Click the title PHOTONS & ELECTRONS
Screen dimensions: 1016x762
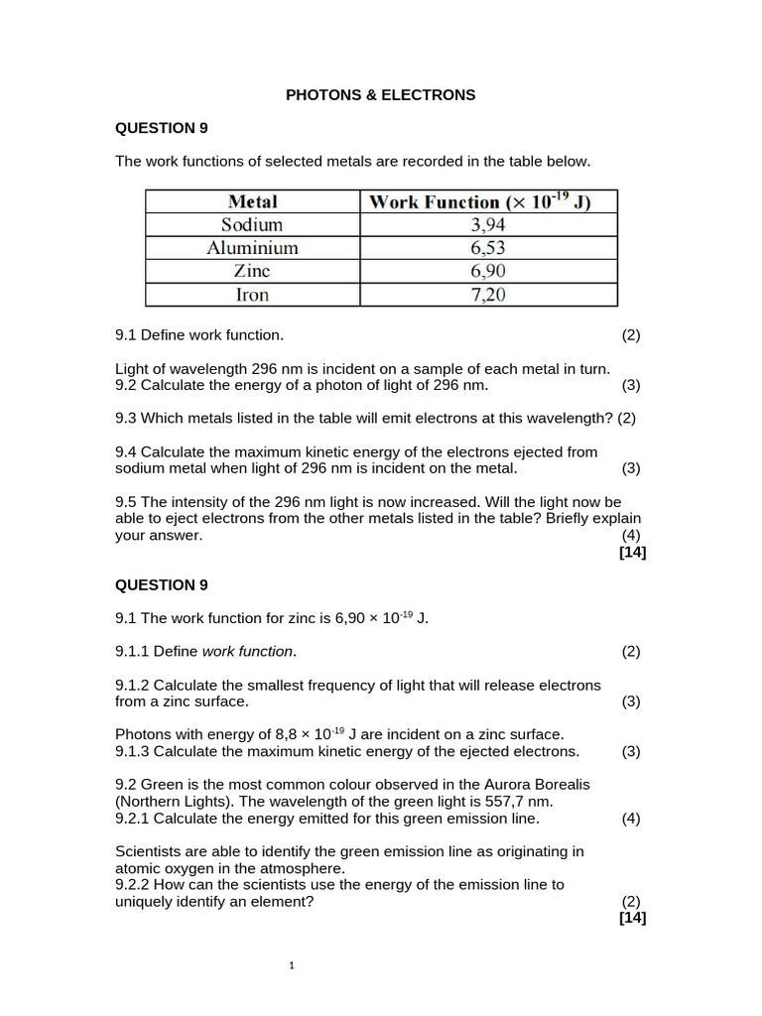381,95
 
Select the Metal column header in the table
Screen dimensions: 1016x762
252,201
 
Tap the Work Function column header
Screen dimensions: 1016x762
480,201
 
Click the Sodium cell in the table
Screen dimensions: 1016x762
252,225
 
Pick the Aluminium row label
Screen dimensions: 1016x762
252,248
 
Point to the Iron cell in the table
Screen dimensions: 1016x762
252,295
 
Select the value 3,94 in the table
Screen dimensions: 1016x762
487,225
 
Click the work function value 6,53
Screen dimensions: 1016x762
487,248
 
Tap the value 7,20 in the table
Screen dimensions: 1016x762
487,295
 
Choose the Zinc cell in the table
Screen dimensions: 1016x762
252,271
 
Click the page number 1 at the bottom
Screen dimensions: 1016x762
291,964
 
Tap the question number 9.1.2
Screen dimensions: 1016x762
133,685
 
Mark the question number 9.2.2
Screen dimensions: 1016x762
133,884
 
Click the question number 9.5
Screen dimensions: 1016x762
127,501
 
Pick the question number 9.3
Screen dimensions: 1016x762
127,418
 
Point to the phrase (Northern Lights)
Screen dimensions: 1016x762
174,801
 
